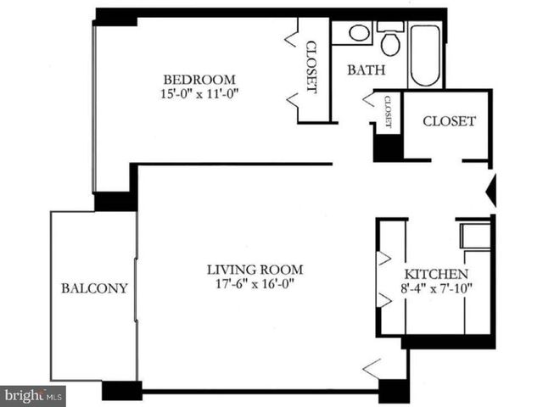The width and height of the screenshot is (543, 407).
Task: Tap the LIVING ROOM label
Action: pos(255,270)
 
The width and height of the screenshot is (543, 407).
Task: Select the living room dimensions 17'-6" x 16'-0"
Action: pos(255,286)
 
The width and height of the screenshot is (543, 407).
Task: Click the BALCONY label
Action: pos(94,288)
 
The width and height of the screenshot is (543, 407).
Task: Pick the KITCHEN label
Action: pos(435,275)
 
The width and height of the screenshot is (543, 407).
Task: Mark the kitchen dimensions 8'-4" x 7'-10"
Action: pos(435,289)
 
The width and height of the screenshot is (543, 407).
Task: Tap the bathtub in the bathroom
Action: pos(424,55)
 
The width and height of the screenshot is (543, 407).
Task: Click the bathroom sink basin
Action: pos(359,34)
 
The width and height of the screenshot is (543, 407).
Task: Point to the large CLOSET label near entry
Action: pos(449,121)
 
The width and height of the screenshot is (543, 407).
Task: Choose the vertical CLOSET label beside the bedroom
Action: pos(311,67)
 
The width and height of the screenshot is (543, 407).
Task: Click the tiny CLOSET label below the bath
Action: pos(388,111)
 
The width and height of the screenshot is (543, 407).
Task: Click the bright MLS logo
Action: pos(33,395)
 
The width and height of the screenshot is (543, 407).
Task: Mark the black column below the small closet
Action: pos(388,146)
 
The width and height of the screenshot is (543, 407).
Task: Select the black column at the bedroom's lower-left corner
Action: pos(114,201)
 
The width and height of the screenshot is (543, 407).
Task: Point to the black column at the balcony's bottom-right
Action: pos(121,391)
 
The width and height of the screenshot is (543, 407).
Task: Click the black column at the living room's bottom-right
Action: pos(394,391)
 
